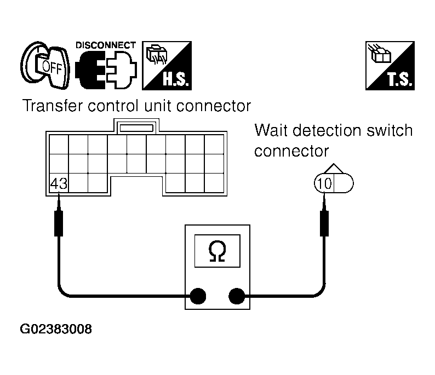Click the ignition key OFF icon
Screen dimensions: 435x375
(45, 65)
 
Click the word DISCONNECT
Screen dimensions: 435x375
(106, 45)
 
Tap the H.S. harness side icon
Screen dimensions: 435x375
(167, 66)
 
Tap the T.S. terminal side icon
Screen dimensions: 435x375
(390, 66)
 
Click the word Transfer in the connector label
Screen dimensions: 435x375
(53, 106)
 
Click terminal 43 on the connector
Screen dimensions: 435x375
(59, 183)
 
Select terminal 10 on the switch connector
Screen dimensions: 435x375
(324, 183)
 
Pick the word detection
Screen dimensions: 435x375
(327, 130)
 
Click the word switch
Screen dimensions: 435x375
(390, 130)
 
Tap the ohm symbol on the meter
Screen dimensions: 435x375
(217, 251)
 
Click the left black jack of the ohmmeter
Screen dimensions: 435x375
(198, 296)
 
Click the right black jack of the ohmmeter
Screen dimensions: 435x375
(237, 296)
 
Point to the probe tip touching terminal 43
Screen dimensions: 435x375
(59, 194)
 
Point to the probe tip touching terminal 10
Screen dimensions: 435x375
(324, 194)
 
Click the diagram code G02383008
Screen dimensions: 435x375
(56, 329)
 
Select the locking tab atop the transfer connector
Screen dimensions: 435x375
(136, 126)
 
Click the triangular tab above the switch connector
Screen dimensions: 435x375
(334, 169)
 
